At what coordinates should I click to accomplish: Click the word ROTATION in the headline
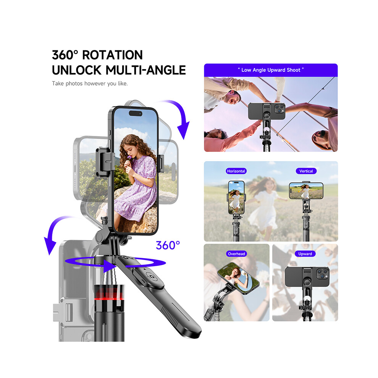[112, 55]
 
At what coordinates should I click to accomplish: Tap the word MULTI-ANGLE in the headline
[145, 70]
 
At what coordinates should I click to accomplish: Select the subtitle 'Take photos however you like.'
[90, 84]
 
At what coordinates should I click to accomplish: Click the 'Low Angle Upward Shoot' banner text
[271, 70]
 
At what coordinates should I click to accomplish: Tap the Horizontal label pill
[236, 171]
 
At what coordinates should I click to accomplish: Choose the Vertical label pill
[306, 171]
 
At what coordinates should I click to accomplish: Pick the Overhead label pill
[236, 254]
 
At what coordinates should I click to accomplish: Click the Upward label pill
[305, 254]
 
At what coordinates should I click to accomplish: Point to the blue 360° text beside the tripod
[168, 246]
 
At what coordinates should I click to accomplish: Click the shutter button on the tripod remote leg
[151, 276]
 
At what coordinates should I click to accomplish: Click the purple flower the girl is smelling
[129, 158]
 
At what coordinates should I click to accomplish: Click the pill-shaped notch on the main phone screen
[136, 113]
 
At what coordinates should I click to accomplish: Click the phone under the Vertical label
[306, 191]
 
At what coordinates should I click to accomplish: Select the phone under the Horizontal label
[236, 197]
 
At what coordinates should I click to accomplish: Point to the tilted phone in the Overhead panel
[238, 278]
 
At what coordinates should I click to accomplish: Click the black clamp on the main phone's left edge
[104, 162]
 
